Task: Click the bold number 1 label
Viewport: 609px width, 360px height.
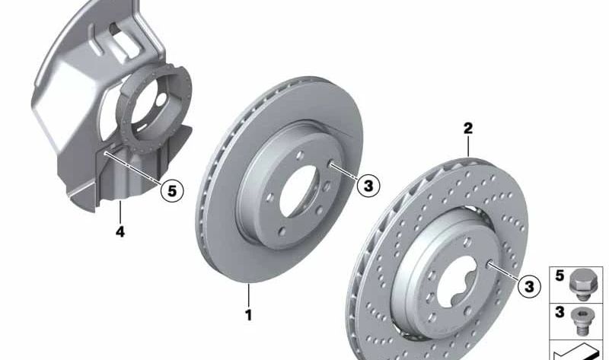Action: point(249,314)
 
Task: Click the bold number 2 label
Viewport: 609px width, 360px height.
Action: point(468,128)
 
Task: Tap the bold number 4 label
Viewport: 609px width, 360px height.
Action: point(120,232)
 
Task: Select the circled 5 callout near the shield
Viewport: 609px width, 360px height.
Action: point(172,191)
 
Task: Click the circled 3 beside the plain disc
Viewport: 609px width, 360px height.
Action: point(368,186)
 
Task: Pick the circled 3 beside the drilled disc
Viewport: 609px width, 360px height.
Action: point(529,287)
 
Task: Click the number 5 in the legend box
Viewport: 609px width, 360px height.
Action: point(560,276)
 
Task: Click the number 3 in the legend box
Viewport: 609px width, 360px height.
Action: point(560,312)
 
